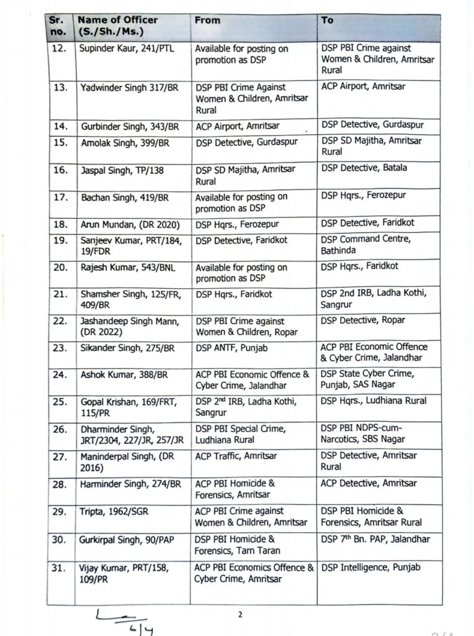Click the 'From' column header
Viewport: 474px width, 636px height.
[x=207, y=20]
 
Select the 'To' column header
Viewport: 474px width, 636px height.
[x=328, y=20]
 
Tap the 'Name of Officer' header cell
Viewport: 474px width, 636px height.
[x=118, y=25]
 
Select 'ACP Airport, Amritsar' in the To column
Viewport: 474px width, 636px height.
[x=363, y=86]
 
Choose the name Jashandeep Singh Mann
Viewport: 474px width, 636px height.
[x=127, y=326]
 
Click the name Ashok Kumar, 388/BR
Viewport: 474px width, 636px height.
[x=121, y=375]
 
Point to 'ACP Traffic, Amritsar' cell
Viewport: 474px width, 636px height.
[x=236, y=456]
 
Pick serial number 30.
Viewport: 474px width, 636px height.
[x=59, y=540]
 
